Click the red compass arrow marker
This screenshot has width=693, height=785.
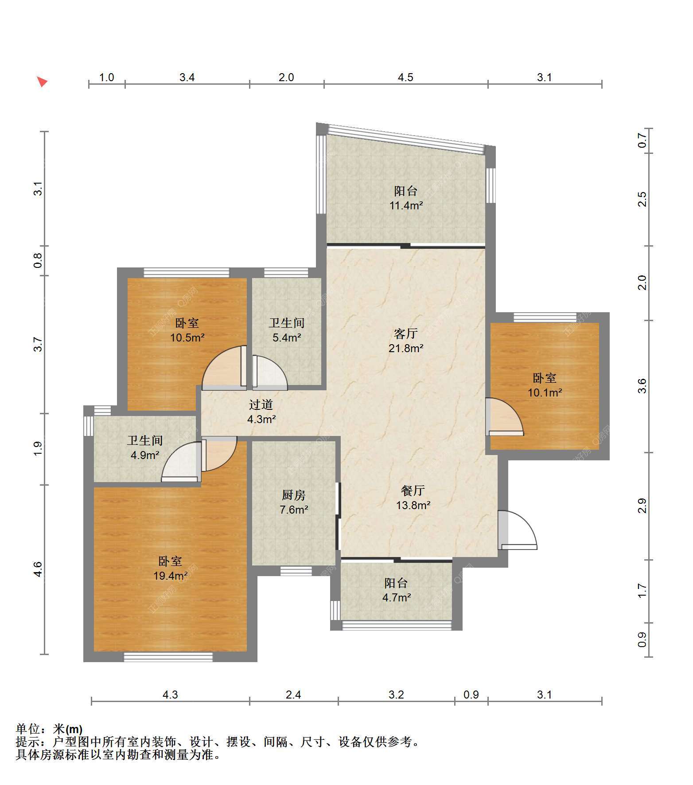tap(42, 82)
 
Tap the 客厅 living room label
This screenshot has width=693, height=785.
tap(406, 333)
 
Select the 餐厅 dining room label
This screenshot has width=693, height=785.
tap(413, 490)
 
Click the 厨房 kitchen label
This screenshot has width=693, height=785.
tap(294, 495)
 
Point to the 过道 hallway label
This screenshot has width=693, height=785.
tap(261, 404)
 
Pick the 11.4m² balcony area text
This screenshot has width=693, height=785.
tap(406, 206)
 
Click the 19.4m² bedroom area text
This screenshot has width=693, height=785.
tap(171, 576)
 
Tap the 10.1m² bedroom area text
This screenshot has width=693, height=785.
tap(545, 393)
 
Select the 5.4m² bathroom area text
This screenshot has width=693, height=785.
tap(287, 338)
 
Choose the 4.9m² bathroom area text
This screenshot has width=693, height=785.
tap(145, 455)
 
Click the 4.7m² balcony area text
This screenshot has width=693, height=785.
tap(397, 598)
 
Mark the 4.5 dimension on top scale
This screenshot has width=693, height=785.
tap(405, 78)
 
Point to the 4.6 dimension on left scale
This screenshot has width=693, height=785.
tap(38, 569)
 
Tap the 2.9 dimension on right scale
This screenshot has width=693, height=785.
tap(642, 506)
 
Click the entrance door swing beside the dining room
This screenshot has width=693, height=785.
tap(518, 530)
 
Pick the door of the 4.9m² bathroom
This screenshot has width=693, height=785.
tap(181, 462)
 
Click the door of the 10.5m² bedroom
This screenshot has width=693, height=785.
tap(224, 368)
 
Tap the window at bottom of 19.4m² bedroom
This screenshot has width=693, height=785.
tap(168, 657)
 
